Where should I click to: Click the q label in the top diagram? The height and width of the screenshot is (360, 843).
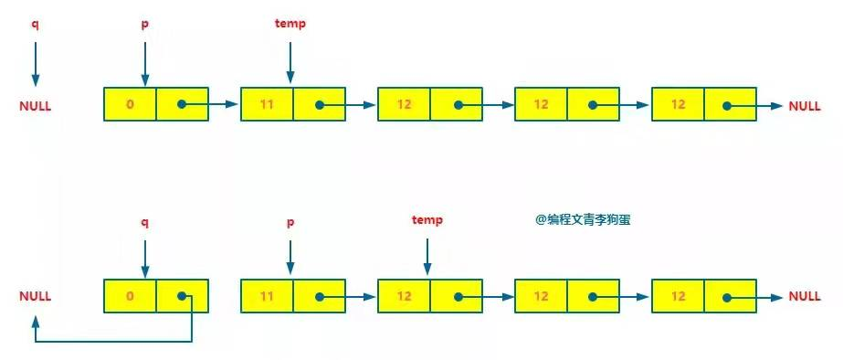[x=35, y=24]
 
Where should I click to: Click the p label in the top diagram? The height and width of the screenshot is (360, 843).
[x=144, y=24]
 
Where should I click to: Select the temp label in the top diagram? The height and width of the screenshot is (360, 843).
[x=290, y=24]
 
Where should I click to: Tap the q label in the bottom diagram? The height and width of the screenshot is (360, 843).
[x=144, y=220]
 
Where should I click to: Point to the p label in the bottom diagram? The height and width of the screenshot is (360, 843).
[x=290, y=220]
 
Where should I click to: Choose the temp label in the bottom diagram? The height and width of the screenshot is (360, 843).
[x=427, y=220]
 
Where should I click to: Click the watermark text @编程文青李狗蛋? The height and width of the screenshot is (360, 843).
[x=583, y=219]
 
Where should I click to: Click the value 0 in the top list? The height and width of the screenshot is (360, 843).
[x=130, y=105]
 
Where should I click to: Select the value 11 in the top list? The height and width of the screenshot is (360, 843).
[x=267, y=105]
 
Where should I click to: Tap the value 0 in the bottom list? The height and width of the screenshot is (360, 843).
[x=130, y=297]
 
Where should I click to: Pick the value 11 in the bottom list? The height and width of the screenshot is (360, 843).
[x=267, y=297]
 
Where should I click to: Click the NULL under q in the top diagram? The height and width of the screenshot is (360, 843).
[x=35, y=106]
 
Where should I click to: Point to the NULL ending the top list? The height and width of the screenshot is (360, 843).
[x=805, y=106]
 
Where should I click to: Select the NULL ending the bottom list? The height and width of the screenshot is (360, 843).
[x=805, y=297]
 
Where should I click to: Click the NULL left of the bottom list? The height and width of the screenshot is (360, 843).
[x=35, y=297]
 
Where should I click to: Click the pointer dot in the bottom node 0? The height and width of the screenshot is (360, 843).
[x=183, y=297]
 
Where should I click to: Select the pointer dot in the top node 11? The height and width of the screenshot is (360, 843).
[x=320, y=105]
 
